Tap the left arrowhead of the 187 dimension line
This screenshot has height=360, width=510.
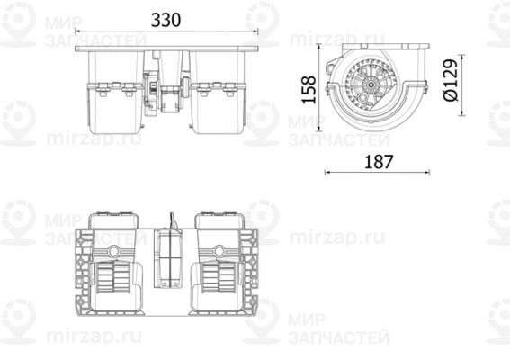pyautogui.click(x=326, y=173)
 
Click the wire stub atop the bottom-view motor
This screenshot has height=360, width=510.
pyautogui.click(x=168, y=219)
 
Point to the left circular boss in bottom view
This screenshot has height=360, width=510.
pyautogui.click(x=115, y=251)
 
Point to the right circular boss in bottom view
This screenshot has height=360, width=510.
pyautogui.click(x=221, y=251)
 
